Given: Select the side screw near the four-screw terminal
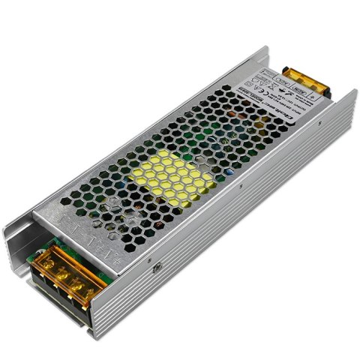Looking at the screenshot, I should [157, 264].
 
